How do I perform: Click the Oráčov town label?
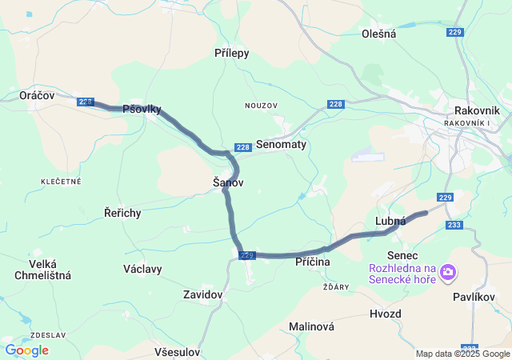tap(37, 95)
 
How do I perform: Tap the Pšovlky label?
tap(142, 110)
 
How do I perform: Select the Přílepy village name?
tap(232, 54)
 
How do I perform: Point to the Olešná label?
tap(379, 34)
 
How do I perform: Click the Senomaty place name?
tap(282, 145)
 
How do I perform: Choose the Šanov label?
tap(228, 183)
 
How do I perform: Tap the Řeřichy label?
tap(123, 213)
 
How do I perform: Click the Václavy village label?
tap(143, 269)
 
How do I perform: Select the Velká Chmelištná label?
tap(43, 270)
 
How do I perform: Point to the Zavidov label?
tap(202, 295)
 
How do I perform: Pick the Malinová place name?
tap(312, 327)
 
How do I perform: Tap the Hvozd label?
tap(386, 314)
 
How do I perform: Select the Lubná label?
tap(390, 222)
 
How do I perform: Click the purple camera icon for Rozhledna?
tap(447, 273)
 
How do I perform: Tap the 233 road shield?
tap(454, 226)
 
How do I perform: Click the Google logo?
tap(27, 350)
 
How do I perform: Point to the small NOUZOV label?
tap(261, 106)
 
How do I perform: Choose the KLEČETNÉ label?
tap(62, 182)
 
